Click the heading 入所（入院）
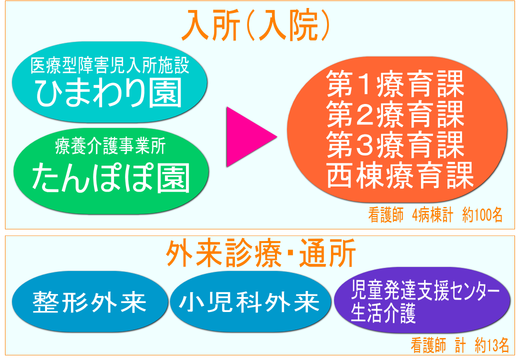[x=255, y=24]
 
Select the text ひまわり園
[x=109, y=93]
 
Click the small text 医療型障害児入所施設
[x=110, y=65]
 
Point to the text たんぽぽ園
[x=111, y=177]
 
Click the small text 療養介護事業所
[x=110, y=146]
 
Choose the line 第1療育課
[x=395, y=84]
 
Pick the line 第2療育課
[x=395, y=114]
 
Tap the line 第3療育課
[x=395, y=144]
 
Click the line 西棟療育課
[x=400, y=175]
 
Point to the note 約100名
[x=482, y=215]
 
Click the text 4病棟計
[x=432, y=215]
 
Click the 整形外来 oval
[x=90, y=301]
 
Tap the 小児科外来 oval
[x=250, y=301]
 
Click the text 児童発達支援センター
[x=425, y=289]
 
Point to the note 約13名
[x=492, y=345]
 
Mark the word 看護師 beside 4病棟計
[x=385, y=215]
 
